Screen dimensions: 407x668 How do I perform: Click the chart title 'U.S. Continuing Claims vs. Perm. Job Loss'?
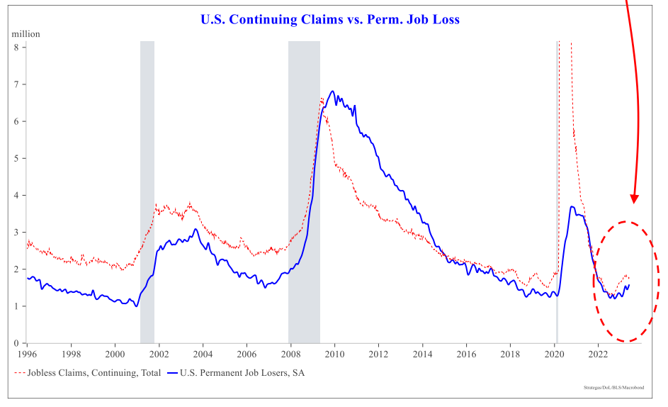point(330,19)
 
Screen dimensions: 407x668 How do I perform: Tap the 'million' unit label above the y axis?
point(26,33)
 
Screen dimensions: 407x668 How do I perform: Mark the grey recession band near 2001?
point(147,191)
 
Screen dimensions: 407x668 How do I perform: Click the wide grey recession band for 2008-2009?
point(304,191)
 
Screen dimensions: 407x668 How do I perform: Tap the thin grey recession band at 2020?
point(557,191)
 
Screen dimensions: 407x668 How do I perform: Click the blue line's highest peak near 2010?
point(333,91)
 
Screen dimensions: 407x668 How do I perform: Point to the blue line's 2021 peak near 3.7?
point(572,206)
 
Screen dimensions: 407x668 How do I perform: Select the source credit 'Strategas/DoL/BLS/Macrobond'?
point(616,389)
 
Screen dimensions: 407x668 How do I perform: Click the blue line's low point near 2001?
point(137,306)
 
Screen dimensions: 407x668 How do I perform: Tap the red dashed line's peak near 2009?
point(322,99)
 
